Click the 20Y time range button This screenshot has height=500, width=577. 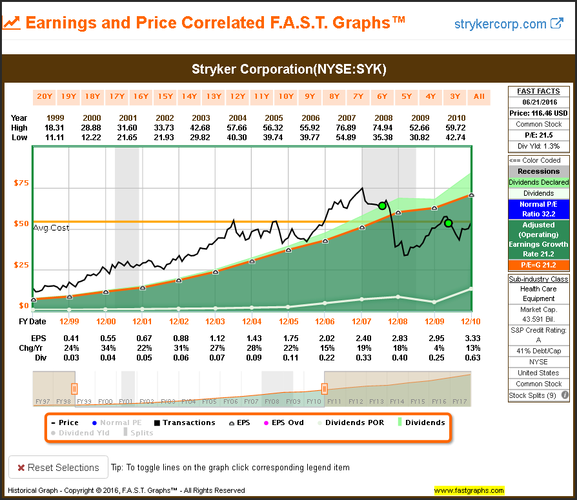tap(45, 97)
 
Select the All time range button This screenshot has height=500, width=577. tap(479, 97)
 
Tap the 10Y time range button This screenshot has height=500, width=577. tap(286, 97)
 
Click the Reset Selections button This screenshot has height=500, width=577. tap(58, 467)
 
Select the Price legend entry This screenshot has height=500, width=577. tap(65, 422)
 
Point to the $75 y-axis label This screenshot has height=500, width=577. tap(21, 183)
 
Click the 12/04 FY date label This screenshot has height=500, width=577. tap(252, 321)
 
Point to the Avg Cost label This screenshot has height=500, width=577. tap(51, 227)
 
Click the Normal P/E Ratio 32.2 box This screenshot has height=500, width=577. tap(538, 209)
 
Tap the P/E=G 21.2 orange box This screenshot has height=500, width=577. tap(538, 264)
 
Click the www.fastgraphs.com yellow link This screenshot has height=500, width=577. tap(469, 490)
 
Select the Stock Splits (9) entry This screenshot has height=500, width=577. tap(534, 395)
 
